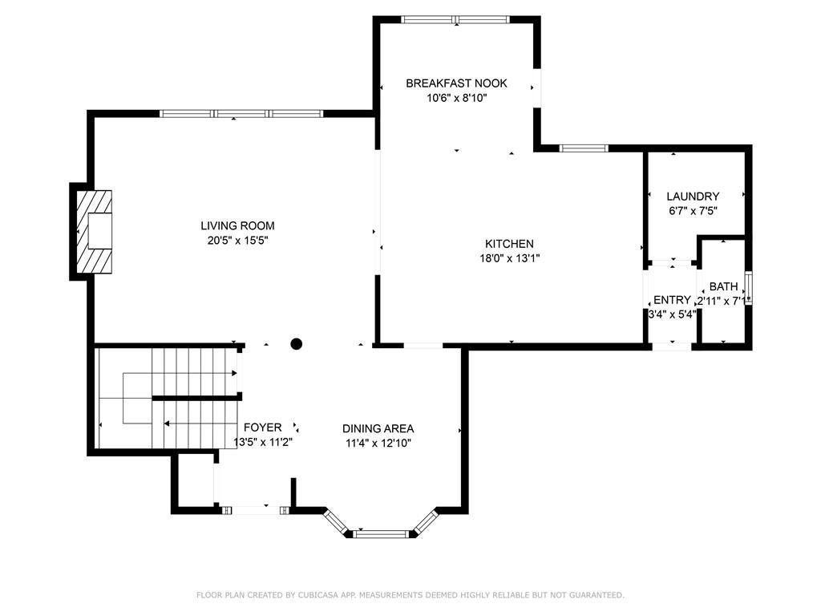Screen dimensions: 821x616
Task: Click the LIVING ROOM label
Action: click(237, 225)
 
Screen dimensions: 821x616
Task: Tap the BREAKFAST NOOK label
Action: click(456, 83)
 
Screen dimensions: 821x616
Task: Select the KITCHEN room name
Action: click(509, 244)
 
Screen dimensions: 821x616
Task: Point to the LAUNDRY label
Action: click(693, 197)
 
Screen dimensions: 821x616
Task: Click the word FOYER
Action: click(263, 428)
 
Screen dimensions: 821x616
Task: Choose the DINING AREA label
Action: click(378, 428)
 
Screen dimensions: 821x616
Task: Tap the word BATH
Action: click(724, 286)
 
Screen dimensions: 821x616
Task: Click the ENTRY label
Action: click(673, 300)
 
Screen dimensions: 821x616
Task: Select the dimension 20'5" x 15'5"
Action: click(237, 241)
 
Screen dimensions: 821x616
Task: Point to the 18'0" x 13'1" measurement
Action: click(509, 258)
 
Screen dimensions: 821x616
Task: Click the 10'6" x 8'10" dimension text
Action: click(456, 98)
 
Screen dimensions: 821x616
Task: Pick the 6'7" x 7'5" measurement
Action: click(693, 211)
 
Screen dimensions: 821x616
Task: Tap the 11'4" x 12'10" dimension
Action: click(378, 443)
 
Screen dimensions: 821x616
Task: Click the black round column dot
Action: click(297, 344)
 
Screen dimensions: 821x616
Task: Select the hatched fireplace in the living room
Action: click(95, 232)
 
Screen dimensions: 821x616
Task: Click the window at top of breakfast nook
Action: click(455, 20)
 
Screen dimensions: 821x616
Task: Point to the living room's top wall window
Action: click(241, 114)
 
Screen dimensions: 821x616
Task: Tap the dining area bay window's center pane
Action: click(381, 534)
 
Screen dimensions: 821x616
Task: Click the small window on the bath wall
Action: click(749, 288)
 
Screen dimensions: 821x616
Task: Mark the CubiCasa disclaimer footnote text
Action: click(410, 595)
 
